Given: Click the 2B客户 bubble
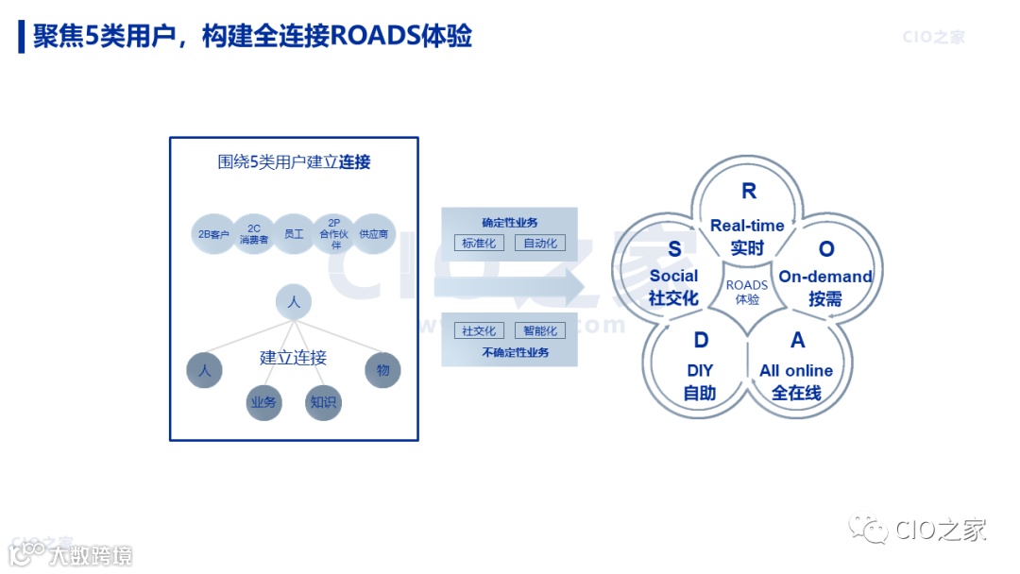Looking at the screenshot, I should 212,233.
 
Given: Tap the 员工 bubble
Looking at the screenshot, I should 294,233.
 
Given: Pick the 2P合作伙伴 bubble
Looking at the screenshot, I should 334,233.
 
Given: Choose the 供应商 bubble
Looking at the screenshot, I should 374,233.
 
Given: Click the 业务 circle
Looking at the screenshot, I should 263,403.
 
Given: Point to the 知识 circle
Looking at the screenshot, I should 323,403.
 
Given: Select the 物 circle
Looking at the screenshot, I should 382,370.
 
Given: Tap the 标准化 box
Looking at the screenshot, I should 479,244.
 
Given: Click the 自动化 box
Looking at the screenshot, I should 540,244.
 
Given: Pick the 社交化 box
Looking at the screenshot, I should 479,330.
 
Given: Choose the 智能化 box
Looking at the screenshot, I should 540,330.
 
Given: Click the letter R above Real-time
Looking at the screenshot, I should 749,192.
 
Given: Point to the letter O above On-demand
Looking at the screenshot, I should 826,249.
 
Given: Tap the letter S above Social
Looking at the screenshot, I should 674,249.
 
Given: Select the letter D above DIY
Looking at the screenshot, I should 701,341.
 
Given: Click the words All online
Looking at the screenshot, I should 796,370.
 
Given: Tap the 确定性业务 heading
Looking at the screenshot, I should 509,223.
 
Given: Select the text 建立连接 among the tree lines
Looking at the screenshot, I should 294,358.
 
